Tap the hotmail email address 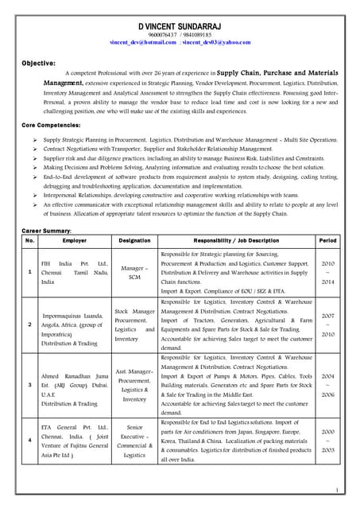coord(143,42)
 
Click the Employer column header coord(75,239)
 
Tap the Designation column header coord(134,239)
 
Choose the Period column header coord(327,239)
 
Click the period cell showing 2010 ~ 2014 coord(327,272)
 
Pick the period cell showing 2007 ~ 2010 coord(327,325)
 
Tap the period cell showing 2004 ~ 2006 coord(327,385)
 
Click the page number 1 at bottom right coord(337,491)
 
